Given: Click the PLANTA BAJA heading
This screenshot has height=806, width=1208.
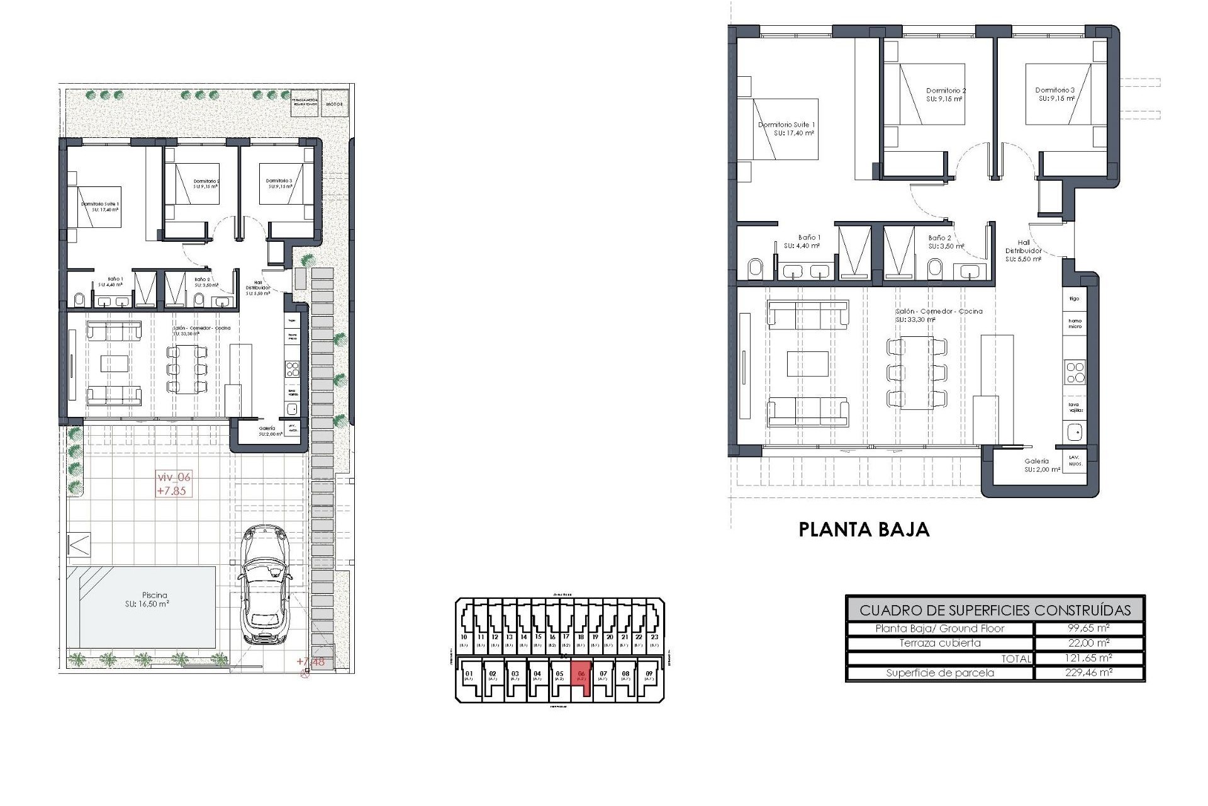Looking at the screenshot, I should [864, 530].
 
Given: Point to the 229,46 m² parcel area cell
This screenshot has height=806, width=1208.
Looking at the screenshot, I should [1089, 673].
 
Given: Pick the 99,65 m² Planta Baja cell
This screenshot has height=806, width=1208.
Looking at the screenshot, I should [1089, 628].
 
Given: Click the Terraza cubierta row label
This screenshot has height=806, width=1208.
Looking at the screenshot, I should [940, 643].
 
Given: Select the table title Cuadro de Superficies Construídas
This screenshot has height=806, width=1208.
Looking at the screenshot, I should [995, 610].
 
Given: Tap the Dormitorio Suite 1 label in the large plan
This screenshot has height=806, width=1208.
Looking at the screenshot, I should [786, 128].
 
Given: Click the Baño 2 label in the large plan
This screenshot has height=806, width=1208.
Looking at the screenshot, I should [940, 242].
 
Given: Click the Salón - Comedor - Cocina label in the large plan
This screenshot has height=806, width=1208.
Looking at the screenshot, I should [939, 315].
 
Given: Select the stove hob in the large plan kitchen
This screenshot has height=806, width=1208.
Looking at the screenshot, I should [1075, 372].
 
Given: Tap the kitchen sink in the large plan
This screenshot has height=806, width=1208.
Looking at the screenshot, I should [1075, 432].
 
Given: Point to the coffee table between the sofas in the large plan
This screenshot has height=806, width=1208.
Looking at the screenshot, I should [807, 364].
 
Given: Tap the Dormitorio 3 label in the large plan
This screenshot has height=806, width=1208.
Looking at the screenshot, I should [1055, 94].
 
